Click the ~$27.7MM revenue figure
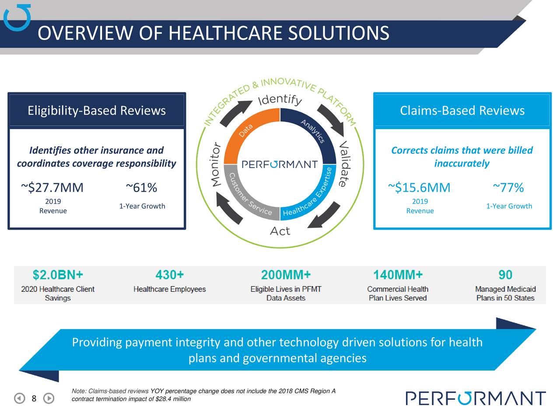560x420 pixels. point(52,188)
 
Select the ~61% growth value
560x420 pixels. point(141,188)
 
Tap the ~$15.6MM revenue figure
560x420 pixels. point(419,188)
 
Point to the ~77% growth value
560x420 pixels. point(508,188)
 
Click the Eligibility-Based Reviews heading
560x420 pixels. point(97,110)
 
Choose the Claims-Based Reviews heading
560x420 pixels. point(462,110)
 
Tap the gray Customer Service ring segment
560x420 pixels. point(249,195)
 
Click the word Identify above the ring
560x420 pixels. point(280,100)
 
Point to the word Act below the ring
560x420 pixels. point(280,231)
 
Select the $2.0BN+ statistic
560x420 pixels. point(58,275)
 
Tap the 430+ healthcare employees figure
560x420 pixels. point(169,275)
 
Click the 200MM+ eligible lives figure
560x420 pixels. point(286,275)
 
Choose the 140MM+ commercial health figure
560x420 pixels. point(398,275)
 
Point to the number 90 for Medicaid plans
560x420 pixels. point(505,275)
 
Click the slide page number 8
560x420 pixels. point(34,398)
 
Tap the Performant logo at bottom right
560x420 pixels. point(476,398)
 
